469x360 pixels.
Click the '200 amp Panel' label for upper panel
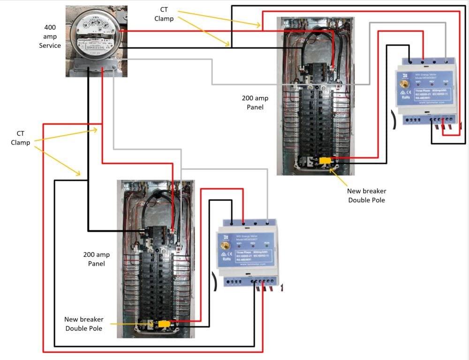point(255,102)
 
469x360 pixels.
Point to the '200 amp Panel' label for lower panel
point(97,259)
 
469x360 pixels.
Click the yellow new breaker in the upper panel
point(325,161)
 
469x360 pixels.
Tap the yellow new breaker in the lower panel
point(164,324)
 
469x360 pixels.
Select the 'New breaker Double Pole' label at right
point(367,195)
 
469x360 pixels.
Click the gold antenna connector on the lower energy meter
point(225,246)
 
